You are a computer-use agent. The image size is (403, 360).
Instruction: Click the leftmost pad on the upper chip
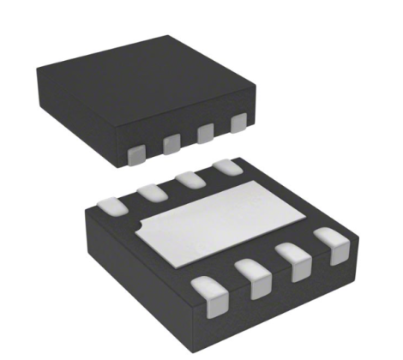pos(135,156)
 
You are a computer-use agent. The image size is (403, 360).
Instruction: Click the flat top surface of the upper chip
pos(146,77)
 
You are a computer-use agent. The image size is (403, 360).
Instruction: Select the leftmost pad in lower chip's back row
pos(109,206)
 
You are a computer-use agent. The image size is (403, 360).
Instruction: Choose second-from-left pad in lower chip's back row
pos(151,191)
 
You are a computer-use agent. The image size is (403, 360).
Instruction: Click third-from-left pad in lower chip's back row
pos(190,179)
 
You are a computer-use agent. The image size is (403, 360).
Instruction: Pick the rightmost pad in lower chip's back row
pos(226,168)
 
